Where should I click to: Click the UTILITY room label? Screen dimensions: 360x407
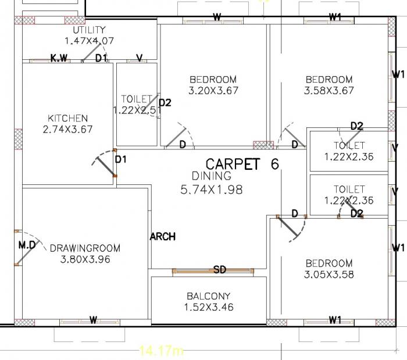pyautogui.click(x=89, y=30)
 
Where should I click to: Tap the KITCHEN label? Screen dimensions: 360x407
pyautogui.click(x=67, y=119)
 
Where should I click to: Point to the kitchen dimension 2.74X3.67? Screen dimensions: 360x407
pyautogui.click(x=67, y=130)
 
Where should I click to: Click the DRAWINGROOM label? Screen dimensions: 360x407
pyautogui.click(x=85, y=248)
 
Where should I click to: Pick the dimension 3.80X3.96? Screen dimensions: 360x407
pyautogui.click(x=85, y=259)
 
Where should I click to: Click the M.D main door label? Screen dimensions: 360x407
pyautogui.click(x=27, y=245)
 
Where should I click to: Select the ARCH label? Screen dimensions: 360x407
pyautogui.click(x=163, y=237)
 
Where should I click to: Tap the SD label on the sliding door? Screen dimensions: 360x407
pyautogui.click(x=220, y=270)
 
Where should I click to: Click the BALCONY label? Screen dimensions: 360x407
pyautogui.click(x=208, y=296)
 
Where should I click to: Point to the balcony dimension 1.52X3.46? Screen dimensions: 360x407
pyautogui.click(x=208, y=307)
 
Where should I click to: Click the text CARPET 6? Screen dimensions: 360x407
pyautogui.click(x=242, y=165)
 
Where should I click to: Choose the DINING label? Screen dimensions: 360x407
pyautogui.click(x=212, y=176)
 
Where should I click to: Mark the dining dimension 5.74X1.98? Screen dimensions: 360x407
pyautogui.click(x=212, y=189)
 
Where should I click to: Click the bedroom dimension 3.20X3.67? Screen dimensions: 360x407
pyautogui.click(x=213, y=91)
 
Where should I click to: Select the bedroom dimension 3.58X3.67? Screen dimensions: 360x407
pyautogui.click(x=329, y=91)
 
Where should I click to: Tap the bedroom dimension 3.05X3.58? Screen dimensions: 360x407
pyautogui.click(x=328, y=275)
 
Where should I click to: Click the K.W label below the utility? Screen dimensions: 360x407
pyautogui.click(x=59, y=58)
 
